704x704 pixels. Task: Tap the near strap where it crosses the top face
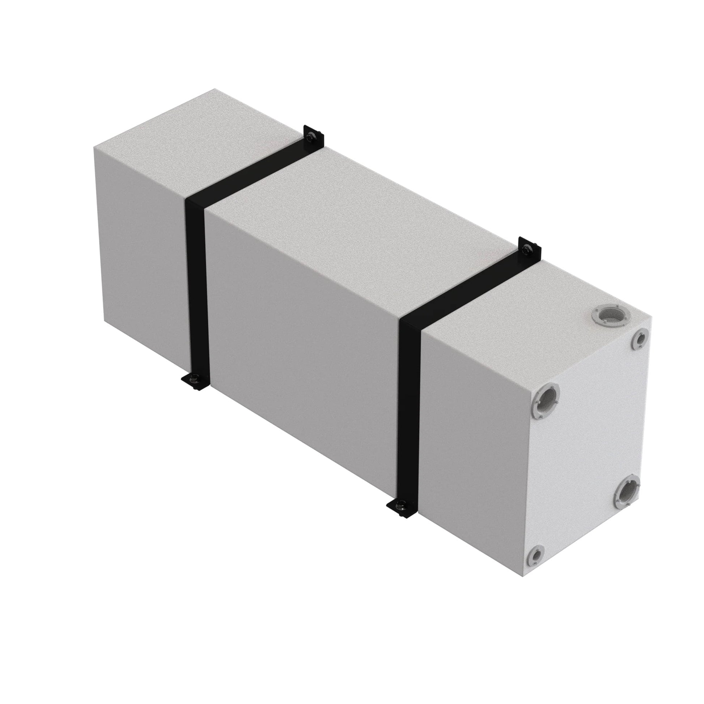pos(470,288)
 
